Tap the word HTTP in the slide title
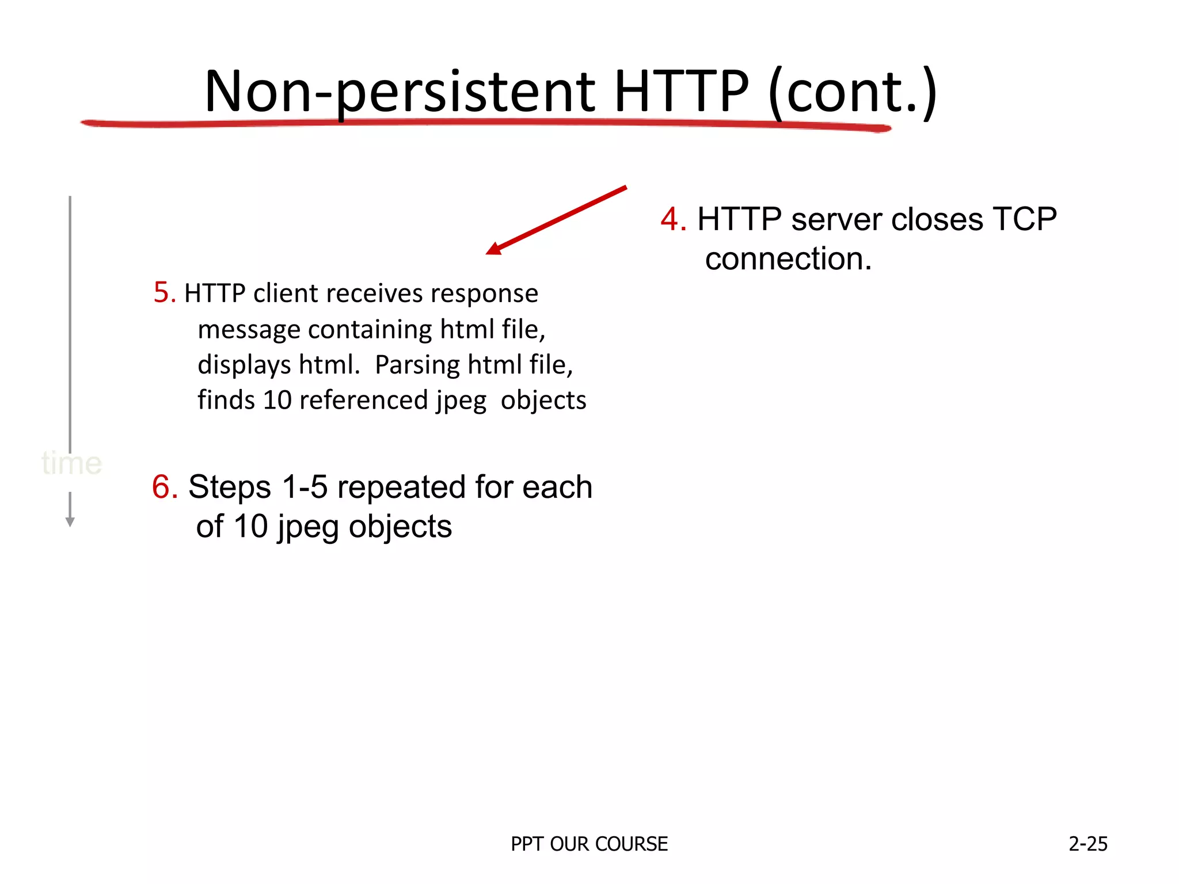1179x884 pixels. click(x=682, y=92)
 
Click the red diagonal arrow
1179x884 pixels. click(x=556, y=220)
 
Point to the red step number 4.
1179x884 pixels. click(x=672, y=220)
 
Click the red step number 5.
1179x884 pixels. click(x=164, y=293)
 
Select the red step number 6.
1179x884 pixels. click(x=164, y=487)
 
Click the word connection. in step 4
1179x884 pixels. click(x=788, y=259)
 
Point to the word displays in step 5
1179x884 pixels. click(x=244, y=365)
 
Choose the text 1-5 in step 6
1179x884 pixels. click(x=305, y=487)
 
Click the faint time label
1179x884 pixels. click(x=72, y=463)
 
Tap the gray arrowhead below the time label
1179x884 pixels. click(x=70, y=521)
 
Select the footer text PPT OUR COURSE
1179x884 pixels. click(x=589, y=844)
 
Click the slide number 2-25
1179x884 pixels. click(x=1087, y=844)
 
